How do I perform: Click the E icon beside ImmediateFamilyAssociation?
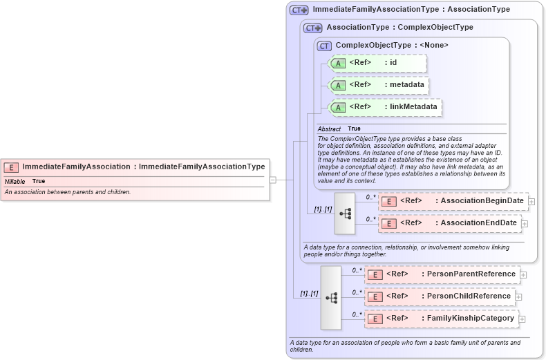pos(11,167)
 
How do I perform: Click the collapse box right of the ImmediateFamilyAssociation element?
pos(273,180)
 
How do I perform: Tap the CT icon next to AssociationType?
pos(313,28)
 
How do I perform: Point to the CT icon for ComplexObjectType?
pos(325,46)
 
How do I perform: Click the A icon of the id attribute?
pos(339,64)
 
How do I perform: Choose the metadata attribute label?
pos(404,85)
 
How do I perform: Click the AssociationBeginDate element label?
pos(482,201)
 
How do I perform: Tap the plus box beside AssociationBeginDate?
pos(531,201)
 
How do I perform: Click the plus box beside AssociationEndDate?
pos(525,223)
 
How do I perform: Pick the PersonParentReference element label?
pos(471,274)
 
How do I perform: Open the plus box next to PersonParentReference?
pos(523,274)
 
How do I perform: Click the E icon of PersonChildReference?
pos(374,296)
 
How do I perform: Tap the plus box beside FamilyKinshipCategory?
pos(523,319)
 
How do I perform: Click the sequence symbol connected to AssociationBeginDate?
pos(345,213)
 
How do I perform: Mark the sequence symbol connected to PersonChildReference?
pos(331,297)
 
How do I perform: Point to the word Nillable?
pos(15,181)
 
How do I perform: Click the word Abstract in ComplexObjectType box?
pos(329,129)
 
